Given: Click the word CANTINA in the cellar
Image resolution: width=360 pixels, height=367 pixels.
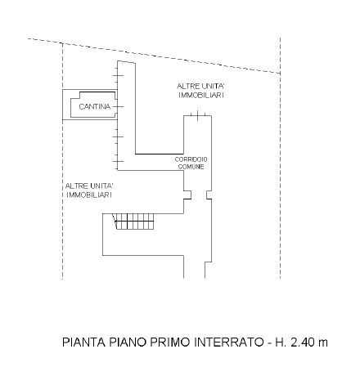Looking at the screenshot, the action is [95, 106].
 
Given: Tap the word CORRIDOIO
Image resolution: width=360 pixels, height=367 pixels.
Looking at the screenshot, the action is [191, 159].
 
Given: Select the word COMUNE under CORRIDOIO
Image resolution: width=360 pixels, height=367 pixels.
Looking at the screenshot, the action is [191, 167].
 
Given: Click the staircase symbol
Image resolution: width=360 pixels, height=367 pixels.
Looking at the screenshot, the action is [133, 222].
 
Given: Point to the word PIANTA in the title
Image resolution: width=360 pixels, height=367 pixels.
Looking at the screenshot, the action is [83, 342].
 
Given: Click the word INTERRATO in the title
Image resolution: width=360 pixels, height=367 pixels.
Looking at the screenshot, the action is [228, 342].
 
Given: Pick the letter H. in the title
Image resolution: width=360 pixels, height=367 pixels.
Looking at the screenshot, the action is [281, 342].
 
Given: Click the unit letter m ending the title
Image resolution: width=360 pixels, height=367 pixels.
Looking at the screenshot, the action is [323, 343].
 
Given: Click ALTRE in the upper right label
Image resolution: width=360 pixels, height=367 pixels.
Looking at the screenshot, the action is [187, 87].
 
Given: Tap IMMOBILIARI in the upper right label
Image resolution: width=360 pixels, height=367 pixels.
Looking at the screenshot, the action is [201, 95].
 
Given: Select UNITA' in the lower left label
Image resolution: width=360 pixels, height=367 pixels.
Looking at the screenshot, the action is [101, 186].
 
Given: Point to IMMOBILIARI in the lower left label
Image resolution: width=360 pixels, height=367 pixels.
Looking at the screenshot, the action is [89, 195].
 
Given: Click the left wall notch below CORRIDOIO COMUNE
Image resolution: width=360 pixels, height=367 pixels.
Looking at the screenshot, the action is [187, 195].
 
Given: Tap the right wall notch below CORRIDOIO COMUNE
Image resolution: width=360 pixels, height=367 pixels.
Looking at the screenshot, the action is [209, 195].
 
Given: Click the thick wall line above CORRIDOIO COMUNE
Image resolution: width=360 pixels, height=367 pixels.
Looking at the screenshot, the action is [160, 154].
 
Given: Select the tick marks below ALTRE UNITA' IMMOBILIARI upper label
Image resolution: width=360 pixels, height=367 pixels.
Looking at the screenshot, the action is [198, 115].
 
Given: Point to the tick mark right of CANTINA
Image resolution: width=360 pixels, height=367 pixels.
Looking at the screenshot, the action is [118, 106].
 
